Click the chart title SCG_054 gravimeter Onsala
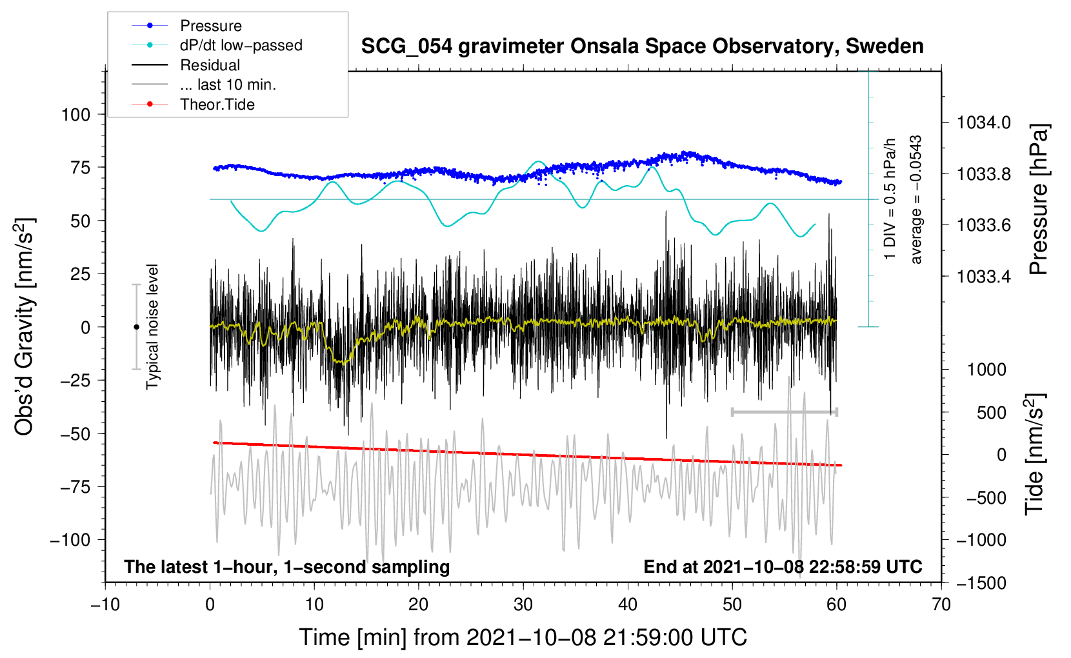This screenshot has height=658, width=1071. pos(642,46)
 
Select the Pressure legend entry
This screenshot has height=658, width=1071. pos(210,26)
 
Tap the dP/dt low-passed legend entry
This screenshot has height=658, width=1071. pos(241,45)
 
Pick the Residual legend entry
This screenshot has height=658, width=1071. pos(210,65)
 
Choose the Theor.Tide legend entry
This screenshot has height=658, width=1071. pos(217,105)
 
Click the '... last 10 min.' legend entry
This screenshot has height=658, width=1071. pos(228,85)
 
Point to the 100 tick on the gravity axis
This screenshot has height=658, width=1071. pos(75,115)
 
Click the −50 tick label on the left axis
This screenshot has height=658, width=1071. pos(75,434)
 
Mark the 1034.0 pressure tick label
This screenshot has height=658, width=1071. pos(984,123)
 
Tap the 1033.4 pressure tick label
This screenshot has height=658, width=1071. pos(984,277)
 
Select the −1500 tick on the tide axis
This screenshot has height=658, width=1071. pos(981,583)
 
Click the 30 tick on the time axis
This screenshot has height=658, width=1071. pos(523,604)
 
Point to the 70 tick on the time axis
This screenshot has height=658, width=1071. pos(941,604)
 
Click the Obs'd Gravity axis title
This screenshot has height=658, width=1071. pos(24,327)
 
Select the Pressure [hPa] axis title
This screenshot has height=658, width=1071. pos(1038,199)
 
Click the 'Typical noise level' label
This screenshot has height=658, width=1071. pos(152,326)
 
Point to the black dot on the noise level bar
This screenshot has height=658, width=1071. pos(136,327)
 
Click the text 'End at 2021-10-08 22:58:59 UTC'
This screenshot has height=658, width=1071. pos(783,566)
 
